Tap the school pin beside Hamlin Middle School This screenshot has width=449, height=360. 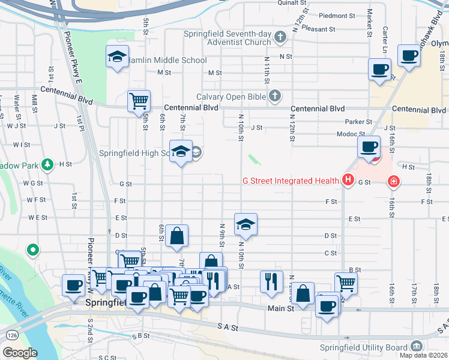click(117, 57)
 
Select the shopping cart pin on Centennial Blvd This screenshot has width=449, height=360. click(139, 100)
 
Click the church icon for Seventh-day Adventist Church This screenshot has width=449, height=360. click(279, 38)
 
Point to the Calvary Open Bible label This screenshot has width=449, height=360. click(231, 97)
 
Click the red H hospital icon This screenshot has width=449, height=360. click(347, 179)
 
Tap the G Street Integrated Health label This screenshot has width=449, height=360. click(290, 180)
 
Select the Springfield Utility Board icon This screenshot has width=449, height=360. click(415, 346)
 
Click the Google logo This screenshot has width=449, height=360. click(20, 353)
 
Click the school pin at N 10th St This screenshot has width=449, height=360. click(246, 224)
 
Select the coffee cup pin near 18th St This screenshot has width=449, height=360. click(410, 56)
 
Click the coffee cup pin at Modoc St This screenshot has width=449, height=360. click(369, 146)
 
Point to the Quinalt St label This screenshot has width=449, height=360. click(292, 3)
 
